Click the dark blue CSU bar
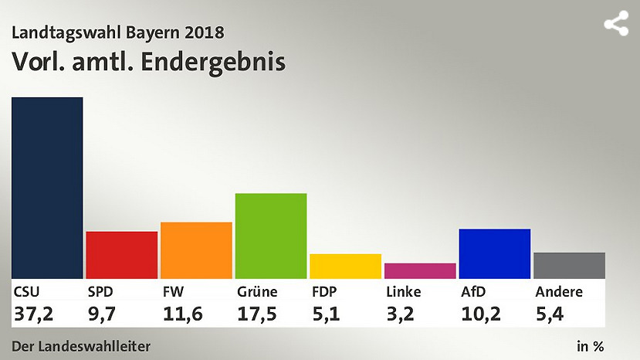[47, 188]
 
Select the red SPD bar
[121, 255]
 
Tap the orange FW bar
[196, 250]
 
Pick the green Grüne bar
[271, 236]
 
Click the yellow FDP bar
[345, 266]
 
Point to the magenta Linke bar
[420, 270]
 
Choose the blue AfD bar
[494, 253]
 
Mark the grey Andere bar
[569, 265]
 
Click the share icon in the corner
[615, 24]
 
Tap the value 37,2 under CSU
[33, 314]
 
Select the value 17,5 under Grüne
[257, 314]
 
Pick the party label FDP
[325, 292]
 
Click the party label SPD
[101, 292]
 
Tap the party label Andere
[559, 292]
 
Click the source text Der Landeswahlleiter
[81, 345]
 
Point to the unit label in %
[590, 345]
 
